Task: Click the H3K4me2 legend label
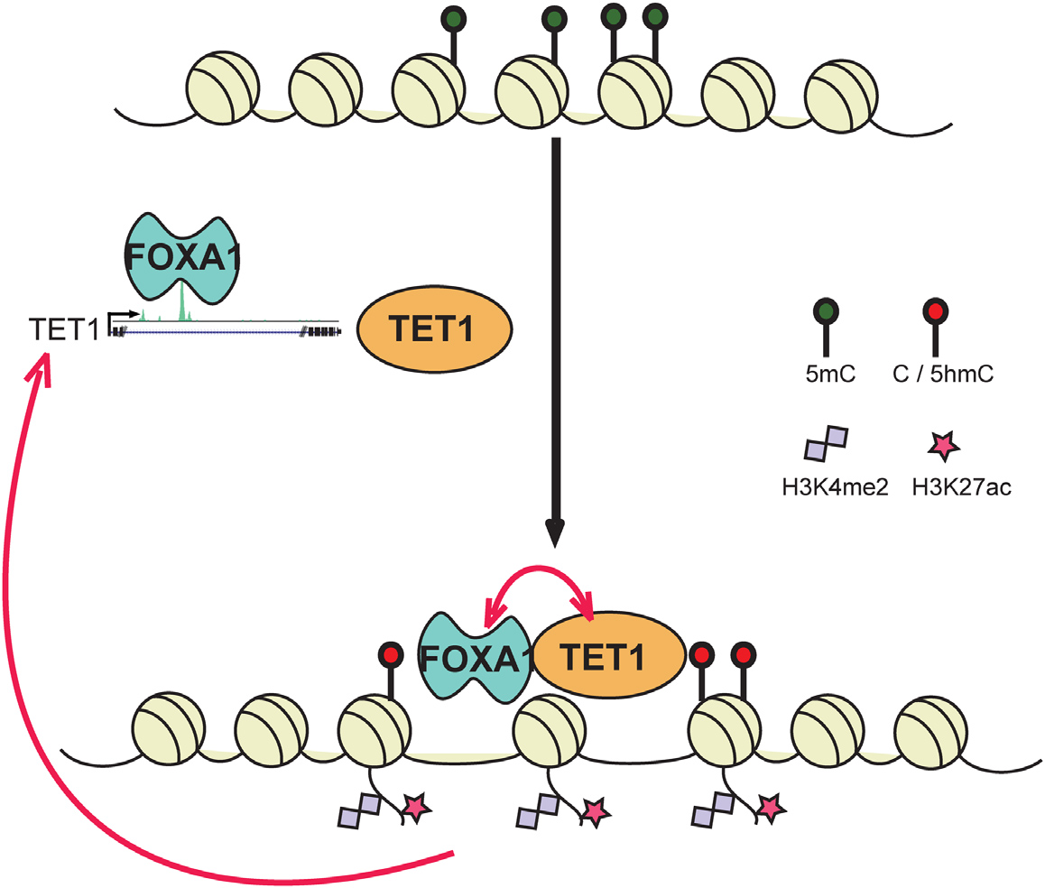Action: pyautogui.click(x=826, y=487)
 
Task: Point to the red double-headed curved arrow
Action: pyautogui.click(x=539, y=585)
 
